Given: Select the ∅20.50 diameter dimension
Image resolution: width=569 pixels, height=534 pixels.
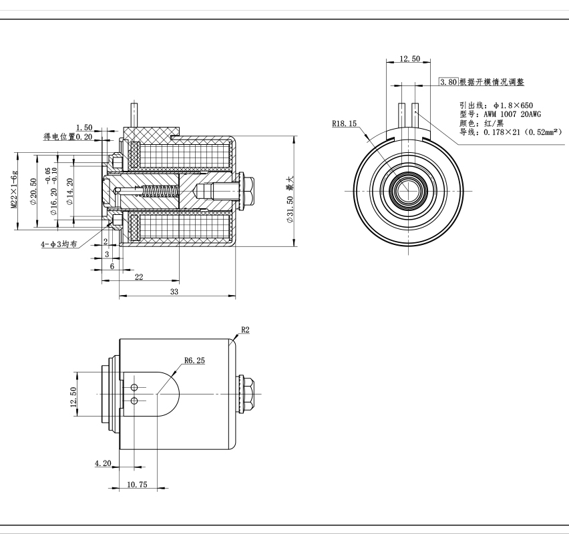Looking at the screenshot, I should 33,191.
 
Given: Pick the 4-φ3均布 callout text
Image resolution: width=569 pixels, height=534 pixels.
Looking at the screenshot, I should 59,244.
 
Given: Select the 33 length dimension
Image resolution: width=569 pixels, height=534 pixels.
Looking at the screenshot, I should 175,292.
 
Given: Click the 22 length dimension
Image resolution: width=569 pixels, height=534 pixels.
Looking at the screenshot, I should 139,277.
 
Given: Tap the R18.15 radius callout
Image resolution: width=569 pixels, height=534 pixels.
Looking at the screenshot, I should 345,123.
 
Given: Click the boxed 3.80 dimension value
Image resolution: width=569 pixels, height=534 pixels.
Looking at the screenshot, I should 448,82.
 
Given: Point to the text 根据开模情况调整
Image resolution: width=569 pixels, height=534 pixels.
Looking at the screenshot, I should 492,82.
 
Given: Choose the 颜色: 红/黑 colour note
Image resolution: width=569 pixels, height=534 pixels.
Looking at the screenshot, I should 481,123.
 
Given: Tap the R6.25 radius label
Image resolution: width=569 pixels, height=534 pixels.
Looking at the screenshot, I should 194,360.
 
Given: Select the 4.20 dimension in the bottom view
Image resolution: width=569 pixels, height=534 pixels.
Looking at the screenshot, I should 103,463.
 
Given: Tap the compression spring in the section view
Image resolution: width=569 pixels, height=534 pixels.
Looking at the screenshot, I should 161,192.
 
